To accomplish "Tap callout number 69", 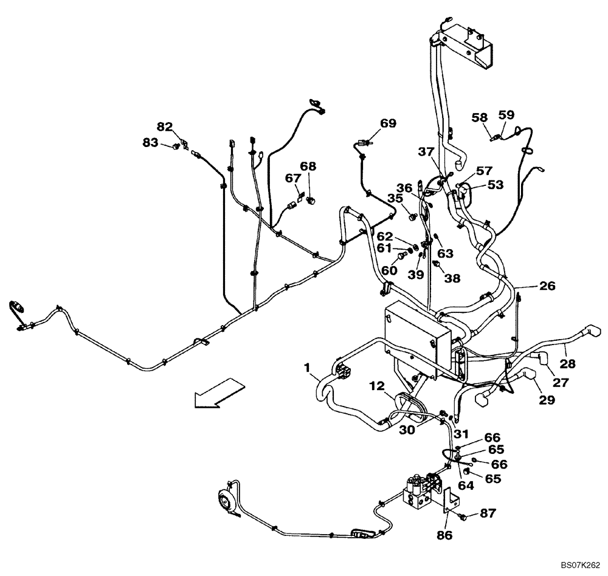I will (388, 124).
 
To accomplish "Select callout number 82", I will (164, 126).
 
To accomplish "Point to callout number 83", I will (150, 142).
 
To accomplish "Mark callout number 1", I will (309, 368).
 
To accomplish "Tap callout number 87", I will (487, 513).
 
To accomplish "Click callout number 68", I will (308, 166).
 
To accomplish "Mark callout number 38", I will (452, 278).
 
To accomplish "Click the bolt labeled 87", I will (465, 517).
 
